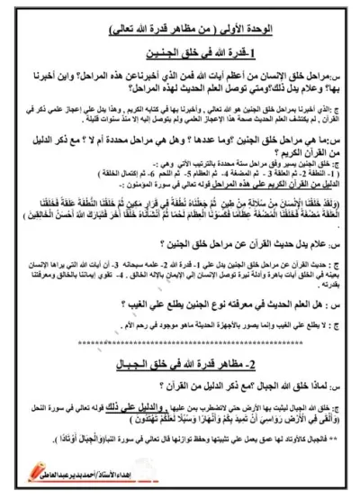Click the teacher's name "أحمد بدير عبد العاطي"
(270, 469)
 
